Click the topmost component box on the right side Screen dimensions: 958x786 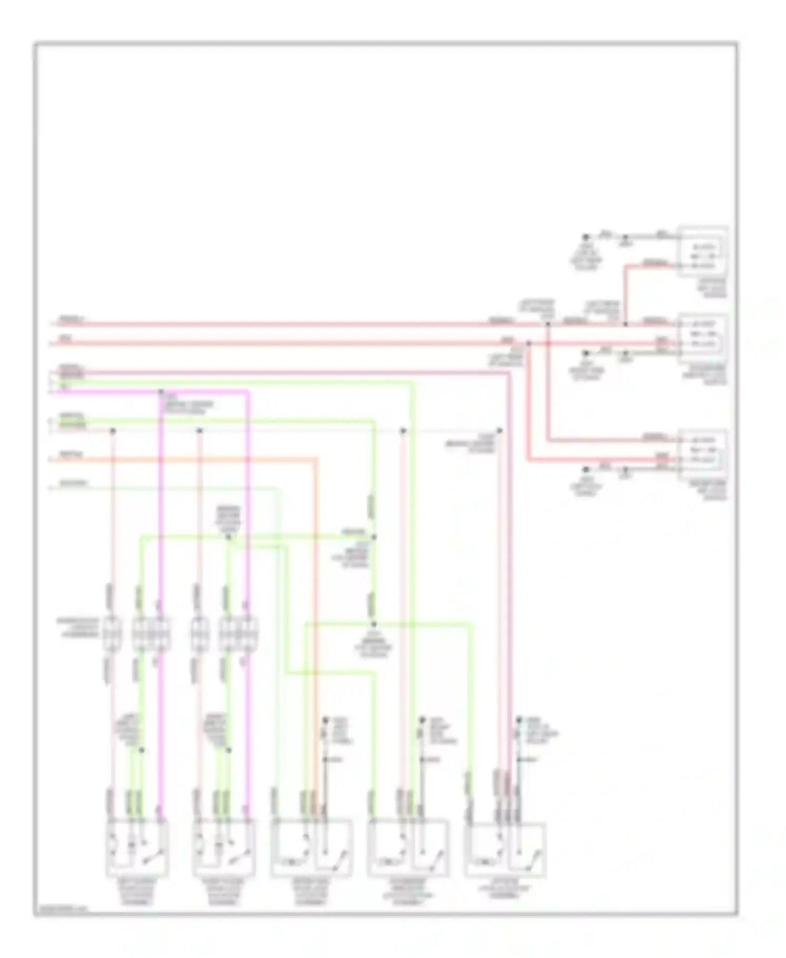point(703,252)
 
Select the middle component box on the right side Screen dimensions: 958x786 point(703,338)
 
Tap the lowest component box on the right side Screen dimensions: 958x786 point(703,454)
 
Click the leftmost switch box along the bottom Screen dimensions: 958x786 point(137,847)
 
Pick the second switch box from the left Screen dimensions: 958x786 point(224,847)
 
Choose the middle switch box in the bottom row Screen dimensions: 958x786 point(312,847)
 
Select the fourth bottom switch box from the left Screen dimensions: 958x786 point(408,847)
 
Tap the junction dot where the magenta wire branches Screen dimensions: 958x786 point(161,391)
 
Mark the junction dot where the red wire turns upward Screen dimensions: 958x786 point(625,324)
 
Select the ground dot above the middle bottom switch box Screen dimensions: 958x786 point(325,721)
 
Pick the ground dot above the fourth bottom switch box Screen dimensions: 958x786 point(421,721)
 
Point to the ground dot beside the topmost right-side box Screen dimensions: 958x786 point(586,237)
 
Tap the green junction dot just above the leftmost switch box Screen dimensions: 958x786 point(141,750)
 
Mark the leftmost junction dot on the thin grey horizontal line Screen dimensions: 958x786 point(112,431)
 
